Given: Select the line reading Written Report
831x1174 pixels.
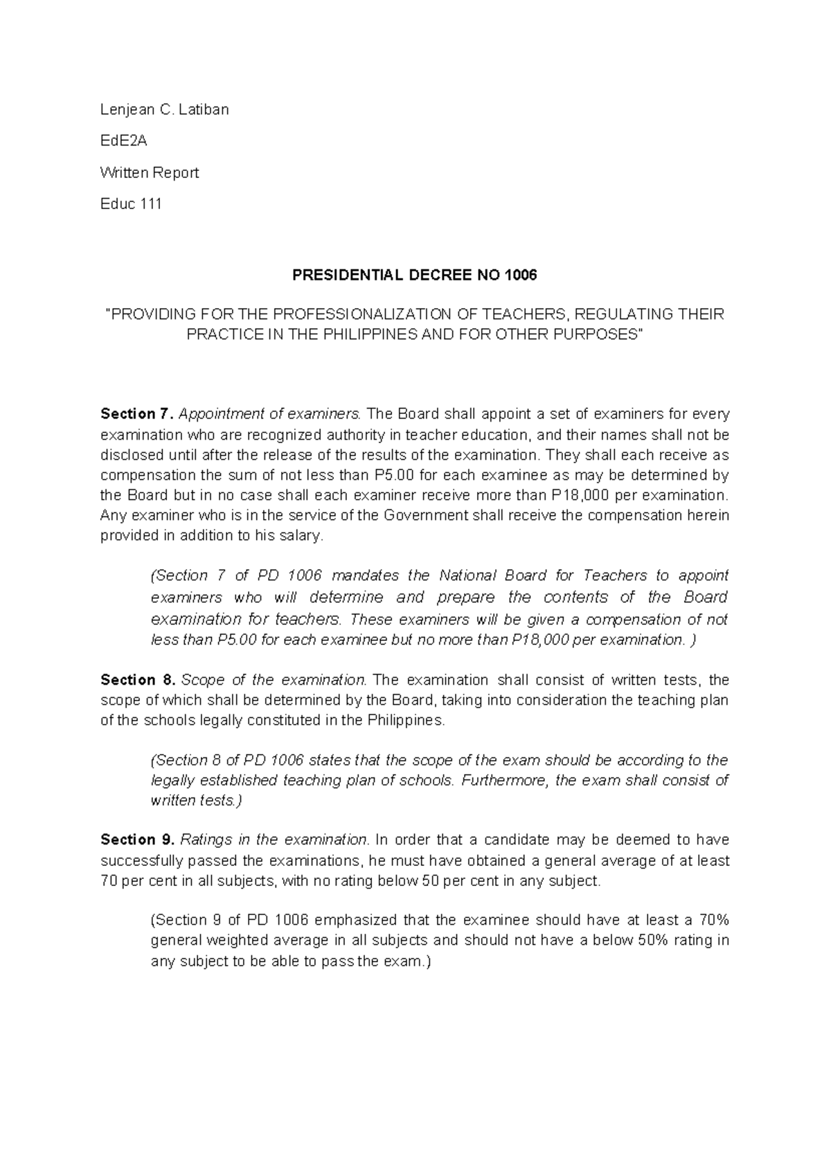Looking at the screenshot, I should pos(149,172).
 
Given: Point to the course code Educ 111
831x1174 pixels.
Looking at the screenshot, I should pos(131,204).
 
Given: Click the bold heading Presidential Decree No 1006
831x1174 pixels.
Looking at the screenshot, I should pos(414,276).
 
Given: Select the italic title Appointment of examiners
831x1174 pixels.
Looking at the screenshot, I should pos(270,414).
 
